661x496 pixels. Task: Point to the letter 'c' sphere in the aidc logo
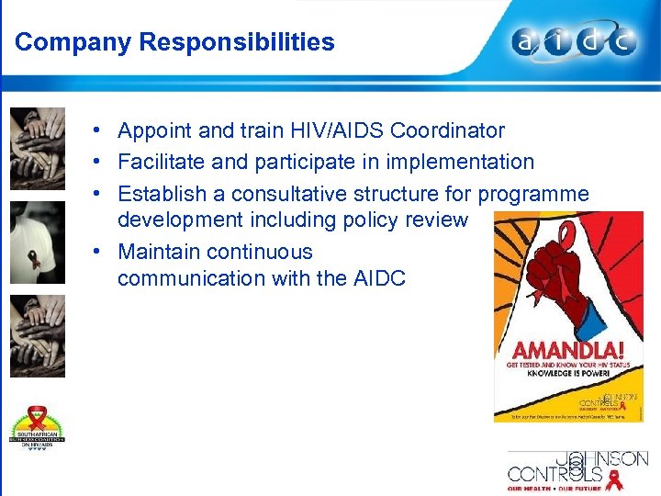coord(623,41)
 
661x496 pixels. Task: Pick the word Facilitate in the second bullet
coord(157,162)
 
